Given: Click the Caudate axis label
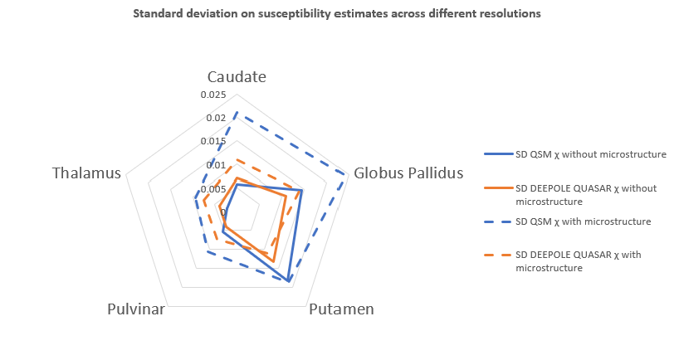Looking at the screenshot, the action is click(x=237, y=76).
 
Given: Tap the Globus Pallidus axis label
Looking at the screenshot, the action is click(x=408, y=173).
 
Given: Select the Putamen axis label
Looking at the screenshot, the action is click(x=341, y=309).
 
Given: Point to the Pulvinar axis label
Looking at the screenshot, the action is click(x=136, y=309).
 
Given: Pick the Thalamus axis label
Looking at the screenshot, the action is click(x=86, y=173).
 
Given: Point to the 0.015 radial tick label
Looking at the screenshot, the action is click(x=213, y=142).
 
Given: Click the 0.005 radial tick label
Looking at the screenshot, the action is click(x=213, y=189).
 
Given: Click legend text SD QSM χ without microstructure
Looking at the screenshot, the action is click(x=591, y=154).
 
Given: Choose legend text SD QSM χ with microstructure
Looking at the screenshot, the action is click(x=583, y=221).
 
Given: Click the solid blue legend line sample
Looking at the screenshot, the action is click(x=496, y=154).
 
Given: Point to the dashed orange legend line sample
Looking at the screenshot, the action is click(x=496, y=255).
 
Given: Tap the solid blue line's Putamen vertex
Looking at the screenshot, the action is click(x=289, y=282).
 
